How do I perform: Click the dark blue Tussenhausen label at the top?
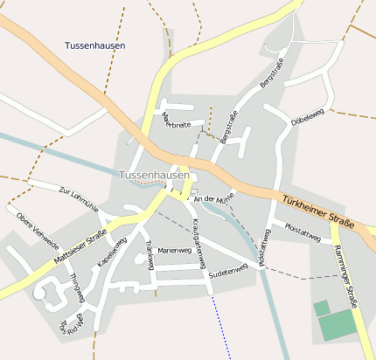tap(94, 45)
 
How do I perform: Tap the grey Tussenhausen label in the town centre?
tap(154, 175)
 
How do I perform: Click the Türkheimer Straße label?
tap(317, 211)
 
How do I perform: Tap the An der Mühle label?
tap(214, 200)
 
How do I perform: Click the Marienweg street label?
tap(173, 251)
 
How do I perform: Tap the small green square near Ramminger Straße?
tap(322, 308)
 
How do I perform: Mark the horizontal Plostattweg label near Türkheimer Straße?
tap(303, 231)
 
